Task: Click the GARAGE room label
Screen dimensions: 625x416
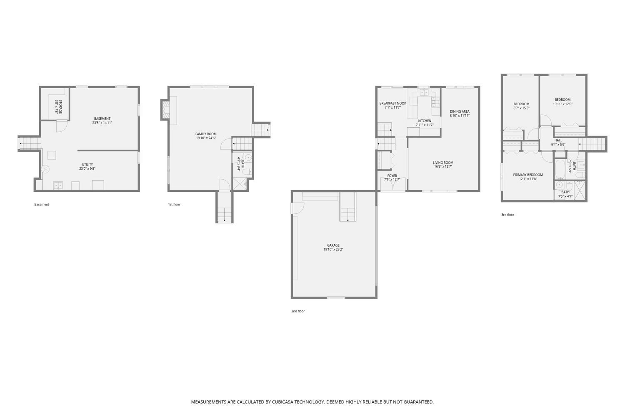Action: click(x=333, y=245)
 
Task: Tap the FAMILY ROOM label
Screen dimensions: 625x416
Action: click(x=206, y=134)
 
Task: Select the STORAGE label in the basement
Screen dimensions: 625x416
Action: click(x=60, y=107)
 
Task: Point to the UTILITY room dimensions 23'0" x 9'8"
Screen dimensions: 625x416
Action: click(x=87, y=168)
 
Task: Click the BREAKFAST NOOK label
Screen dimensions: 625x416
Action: click(x=392, y=103)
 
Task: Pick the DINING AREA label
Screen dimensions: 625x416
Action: click(x=460, y=111)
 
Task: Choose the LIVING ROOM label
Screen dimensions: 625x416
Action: click(x=443, y=163)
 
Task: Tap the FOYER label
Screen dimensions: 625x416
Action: click(x=392, y=176)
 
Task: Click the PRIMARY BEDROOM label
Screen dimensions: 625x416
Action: click(x=528, y=175)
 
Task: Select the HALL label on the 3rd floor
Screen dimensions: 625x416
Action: click(x=558, y=141)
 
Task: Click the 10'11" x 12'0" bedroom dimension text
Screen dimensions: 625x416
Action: click(x=562, y=104)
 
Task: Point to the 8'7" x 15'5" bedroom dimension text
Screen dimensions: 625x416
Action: click(x=521, y=108)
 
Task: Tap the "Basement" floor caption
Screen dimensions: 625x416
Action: click(x=42, y=205)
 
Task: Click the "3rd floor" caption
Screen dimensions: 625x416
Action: click(x=507, y=215)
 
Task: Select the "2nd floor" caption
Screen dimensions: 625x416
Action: click(x=298, y=311)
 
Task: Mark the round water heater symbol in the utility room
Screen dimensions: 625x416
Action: click(x=45, y=169)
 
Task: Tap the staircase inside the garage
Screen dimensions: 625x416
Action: click(x=347, y=207)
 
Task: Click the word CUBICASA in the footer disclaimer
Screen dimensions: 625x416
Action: click(x=282, y=402)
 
